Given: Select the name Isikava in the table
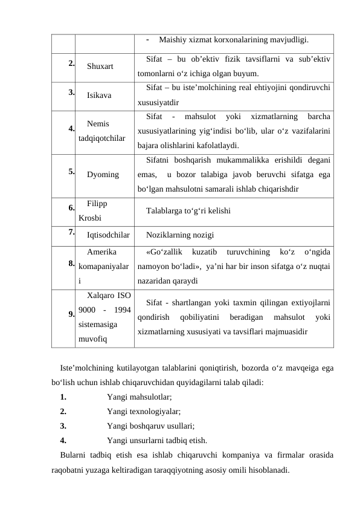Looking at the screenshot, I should pyautogui.click(x=98, y=96).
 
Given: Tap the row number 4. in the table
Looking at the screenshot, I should pyautogui.click(x=71, y=128).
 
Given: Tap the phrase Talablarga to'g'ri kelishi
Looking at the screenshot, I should pyautogui.click(x=187, y=211).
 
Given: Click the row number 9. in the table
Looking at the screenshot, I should pyautogui.click(x=71, y=314).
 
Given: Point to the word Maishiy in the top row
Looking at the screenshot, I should pyautogui.click(x=172, y=41).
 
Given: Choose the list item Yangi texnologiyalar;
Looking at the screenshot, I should pyautogui.click(x=143, y=411).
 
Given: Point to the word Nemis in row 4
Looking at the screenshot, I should pyautogui.click(x=98, y=123).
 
